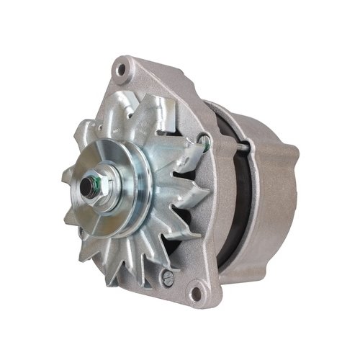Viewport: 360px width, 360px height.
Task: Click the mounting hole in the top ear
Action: (x=123, y=70)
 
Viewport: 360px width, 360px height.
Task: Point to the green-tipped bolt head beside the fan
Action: (x=207, y=149)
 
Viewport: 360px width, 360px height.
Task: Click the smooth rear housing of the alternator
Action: (x=270, y=194)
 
